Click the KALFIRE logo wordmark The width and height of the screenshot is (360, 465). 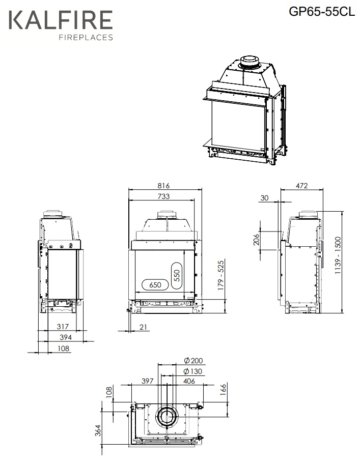(61, 20)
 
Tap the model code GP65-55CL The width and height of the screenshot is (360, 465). (322, 11)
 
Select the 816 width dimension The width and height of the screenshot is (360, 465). (163, 186)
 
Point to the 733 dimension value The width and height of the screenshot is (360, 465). (163, 196)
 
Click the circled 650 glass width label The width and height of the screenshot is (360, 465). (155, 285)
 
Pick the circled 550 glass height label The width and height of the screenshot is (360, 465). (177, 276)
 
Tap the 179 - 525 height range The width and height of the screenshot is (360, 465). (221, 276)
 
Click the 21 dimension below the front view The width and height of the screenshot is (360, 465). (143, 327)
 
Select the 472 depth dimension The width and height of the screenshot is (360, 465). (301, 186)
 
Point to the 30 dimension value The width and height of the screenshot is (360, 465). (264, 198)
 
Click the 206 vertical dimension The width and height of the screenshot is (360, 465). (256, 240)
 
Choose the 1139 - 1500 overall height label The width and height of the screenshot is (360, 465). (338, 255)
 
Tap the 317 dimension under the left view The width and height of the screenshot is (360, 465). (63, 327)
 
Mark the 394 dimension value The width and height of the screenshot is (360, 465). (66, 337)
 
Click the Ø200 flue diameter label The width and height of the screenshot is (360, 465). (193, 361)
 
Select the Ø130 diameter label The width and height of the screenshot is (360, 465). (193, 371)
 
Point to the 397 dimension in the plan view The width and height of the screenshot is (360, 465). (148, 381)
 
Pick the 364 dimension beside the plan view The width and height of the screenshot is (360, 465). (98, 430)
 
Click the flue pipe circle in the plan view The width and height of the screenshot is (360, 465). (167, 405)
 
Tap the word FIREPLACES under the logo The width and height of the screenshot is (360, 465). (86, 37)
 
